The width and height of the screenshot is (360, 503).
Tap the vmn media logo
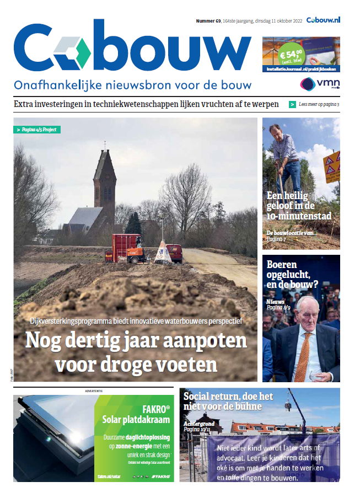(x=320, y=84)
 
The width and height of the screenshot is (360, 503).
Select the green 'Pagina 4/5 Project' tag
(x=37, y=130)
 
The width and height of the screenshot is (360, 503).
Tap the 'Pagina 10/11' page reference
(x=198, y=428)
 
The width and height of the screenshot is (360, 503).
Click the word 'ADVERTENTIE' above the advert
(x=94, y=390)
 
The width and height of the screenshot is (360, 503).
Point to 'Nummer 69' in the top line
(x=208, y=21)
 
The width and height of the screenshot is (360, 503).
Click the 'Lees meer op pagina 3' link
(x=319, y=104)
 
